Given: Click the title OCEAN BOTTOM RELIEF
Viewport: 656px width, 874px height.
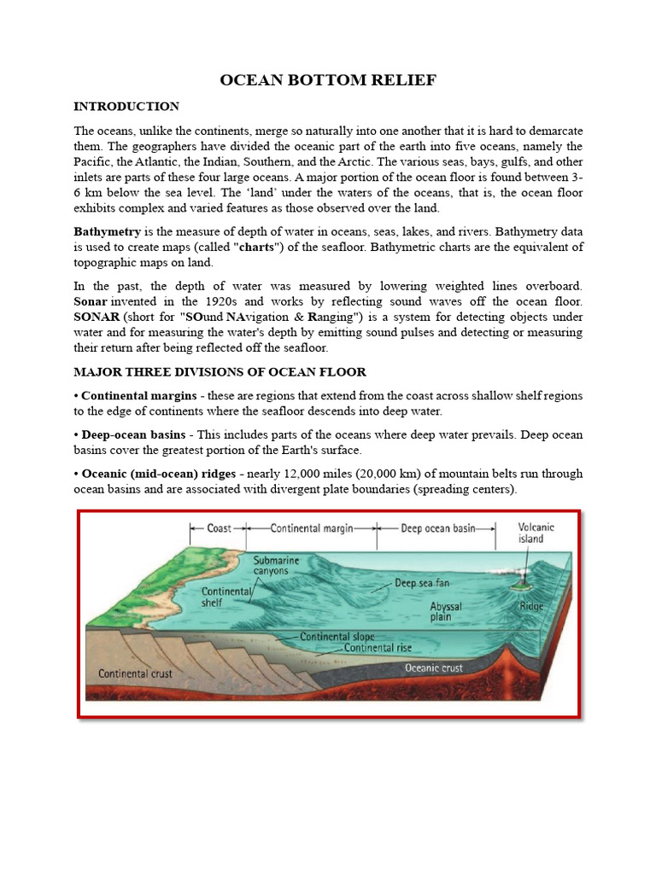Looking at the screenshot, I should click(328, 80).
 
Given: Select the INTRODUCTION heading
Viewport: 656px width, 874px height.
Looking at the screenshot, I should click(126, 107).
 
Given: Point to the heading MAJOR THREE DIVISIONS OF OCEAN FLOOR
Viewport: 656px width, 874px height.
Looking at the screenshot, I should click(220, 371).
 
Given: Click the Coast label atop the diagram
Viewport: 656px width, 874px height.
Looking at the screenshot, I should click(219, 528).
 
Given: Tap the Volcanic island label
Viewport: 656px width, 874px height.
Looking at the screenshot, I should click(536, 533).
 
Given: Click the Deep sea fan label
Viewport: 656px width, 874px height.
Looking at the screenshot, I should click(421, 585).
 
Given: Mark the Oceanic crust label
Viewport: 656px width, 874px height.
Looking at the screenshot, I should click(433, 668).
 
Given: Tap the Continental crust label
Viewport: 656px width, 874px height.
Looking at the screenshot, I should click(135, 673).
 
